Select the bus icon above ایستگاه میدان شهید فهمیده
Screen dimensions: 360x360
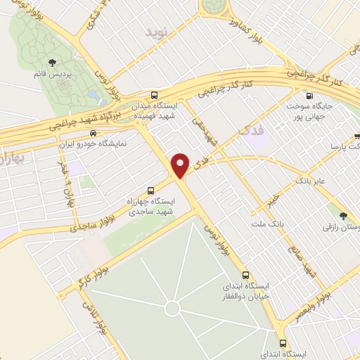pos(154,94)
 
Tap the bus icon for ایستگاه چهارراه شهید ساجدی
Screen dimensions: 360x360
pos(150,190)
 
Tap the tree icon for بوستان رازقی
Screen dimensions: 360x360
pos(343,216)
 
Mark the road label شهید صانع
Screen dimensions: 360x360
pos(301,257)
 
